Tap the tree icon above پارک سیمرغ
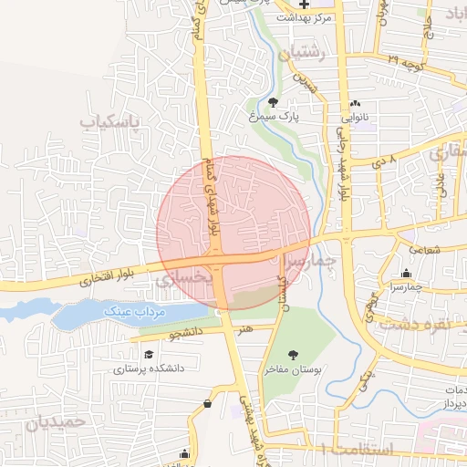[274, 102]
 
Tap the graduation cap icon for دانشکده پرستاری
[148, 353]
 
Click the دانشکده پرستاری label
[149, 369]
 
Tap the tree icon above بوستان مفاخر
[292, 354]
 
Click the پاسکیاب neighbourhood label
[113, 121]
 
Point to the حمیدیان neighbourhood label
[55, 422]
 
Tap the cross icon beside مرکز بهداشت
[305, 5]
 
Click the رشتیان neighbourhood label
[303, 54]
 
